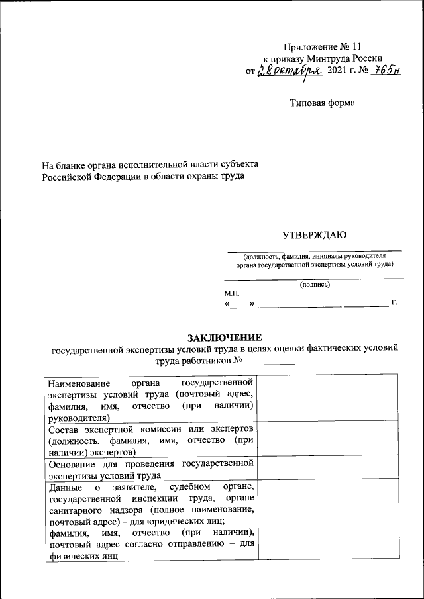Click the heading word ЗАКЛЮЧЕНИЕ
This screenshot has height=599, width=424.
pyautogui.click(x=225, y=337)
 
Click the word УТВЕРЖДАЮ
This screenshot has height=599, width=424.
pyautogui.click(x=315, y=234)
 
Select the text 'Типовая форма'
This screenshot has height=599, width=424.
pyautogui.click(x=323, y=103)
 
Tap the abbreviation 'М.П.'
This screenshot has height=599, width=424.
pyautogui.click(x=233, y=293)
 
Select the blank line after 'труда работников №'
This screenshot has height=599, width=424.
pyautogui.click(x=270, y=362)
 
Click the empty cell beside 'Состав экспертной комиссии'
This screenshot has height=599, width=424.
pyautogui.click(x=327, y=439)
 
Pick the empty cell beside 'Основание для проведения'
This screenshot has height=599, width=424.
pyautogui.click(x=327, y=468)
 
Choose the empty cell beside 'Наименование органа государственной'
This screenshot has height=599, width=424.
pyautogui.click(x=327, y=398)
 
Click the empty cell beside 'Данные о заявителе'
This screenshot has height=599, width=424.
pyautogui.click(x=327, y=520)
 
